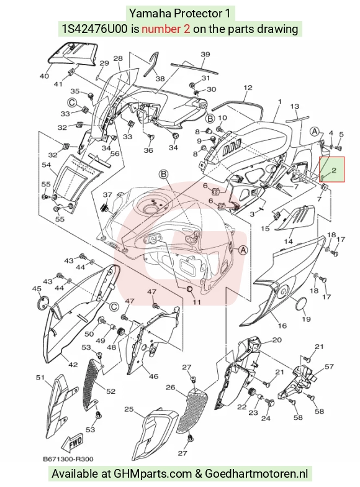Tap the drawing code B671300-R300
coord(68,458)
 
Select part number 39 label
coord(205,54)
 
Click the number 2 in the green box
coord(334,170)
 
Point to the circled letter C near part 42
coord(114,307)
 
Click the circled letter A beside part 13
coord(315,132)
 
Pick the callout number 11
coord(197,302)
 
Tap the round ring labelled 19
coord(300,304)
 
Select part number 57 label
coord(329,366)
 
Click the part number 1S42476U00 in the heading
coord(94,29)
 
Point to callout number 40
coord(45,76)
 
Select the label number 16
coord(282,325)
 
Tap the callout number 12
coord(248,88)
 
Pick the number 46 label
coord(154,376)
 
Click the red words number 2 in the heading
coord(166,29)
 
